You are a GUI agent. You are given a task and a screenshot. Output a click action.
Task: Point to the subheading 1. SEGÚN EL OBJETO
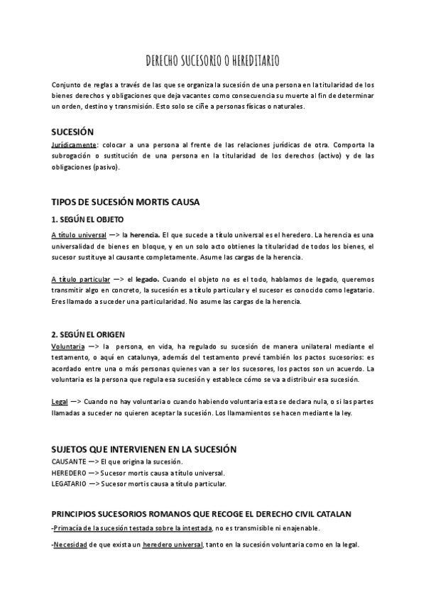click(x=87, y=219)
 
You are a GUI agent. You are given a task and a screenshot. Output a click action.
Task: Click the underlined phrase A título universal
click(x=79, y=234)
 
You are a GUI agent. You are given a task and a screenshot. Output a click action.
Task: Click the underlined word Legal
click(x=60, y=402)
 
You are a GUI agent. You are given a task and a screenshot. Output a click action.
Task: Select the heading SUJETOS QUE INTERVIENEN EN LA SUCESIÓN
click(x=144, y=449)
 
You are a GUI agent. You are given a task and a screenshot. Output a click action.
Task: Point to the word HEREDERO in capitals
click(x=68, y=473)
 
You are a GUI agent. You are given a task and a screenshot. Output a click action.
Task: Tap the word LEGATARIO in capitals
click(x=70, y=484)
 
